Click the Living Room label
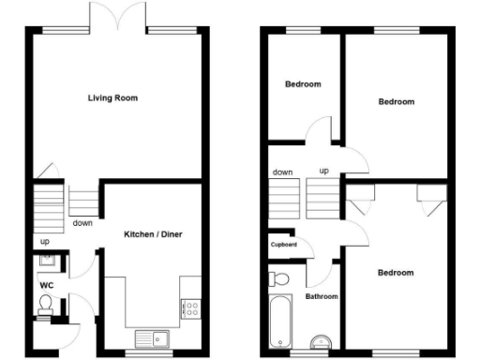click(114, 97)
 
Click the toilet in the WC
click(45, 304)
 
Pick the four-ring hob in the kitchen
click(191, 306)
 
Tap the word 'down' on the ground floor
click(82, 223)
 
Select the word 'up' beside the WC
click(44, 242)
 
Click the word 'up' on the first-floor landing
click(323, 172)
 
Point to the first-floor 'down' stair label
click(281, 172)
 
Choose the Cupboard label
click(284, 245)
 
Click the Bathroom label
click(322, 296)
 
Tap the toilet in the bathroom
click(278, 279)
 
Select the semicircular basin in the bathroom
click(322, 340)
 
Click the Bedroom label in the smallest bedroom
click(302, 84)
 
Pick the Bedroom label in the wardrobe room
click(395, 273)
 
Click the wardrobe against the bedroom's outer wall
click(429, 197)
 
